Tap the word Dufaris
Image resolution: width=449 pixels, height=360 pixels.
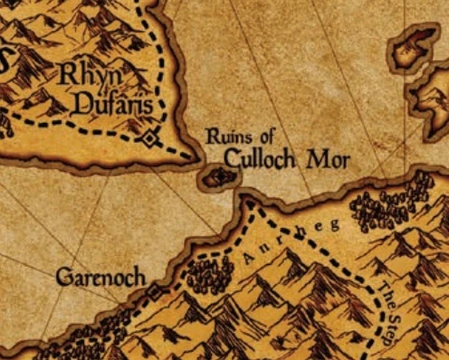tap(107, 103)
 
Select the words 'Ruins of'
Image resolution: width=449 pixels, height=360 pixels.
tap(239, 137)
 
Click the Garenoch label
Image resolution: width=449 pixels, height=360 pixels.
tap(100, 277)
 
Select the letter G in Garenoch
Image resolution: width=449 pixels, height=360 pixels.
tap(62, 277)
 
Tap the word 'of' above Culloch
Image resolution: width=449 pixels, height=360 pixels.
tap(262, 137)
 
